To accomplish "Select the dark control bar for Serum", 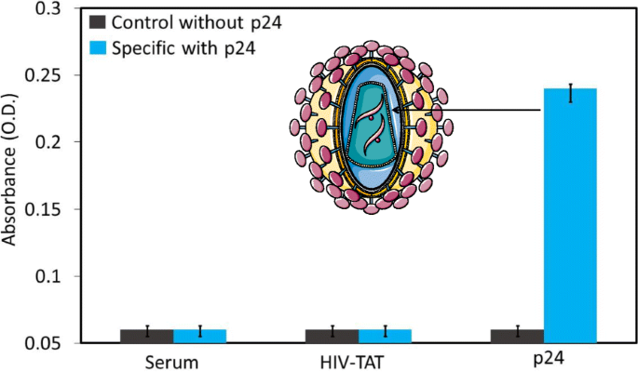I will click(146, 336).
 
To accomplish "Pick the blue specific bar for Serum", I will click(200, 336).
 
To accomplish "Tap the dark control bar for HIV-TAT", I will click(333, 336).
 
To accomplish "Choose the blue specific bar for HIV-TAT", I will click(386, 336).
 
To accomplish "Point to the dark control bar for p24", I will click(517, 336).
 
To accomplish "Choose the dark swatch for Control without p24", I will click(97, 21).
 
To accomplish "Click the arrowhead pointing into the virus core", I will click(396, 111).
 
